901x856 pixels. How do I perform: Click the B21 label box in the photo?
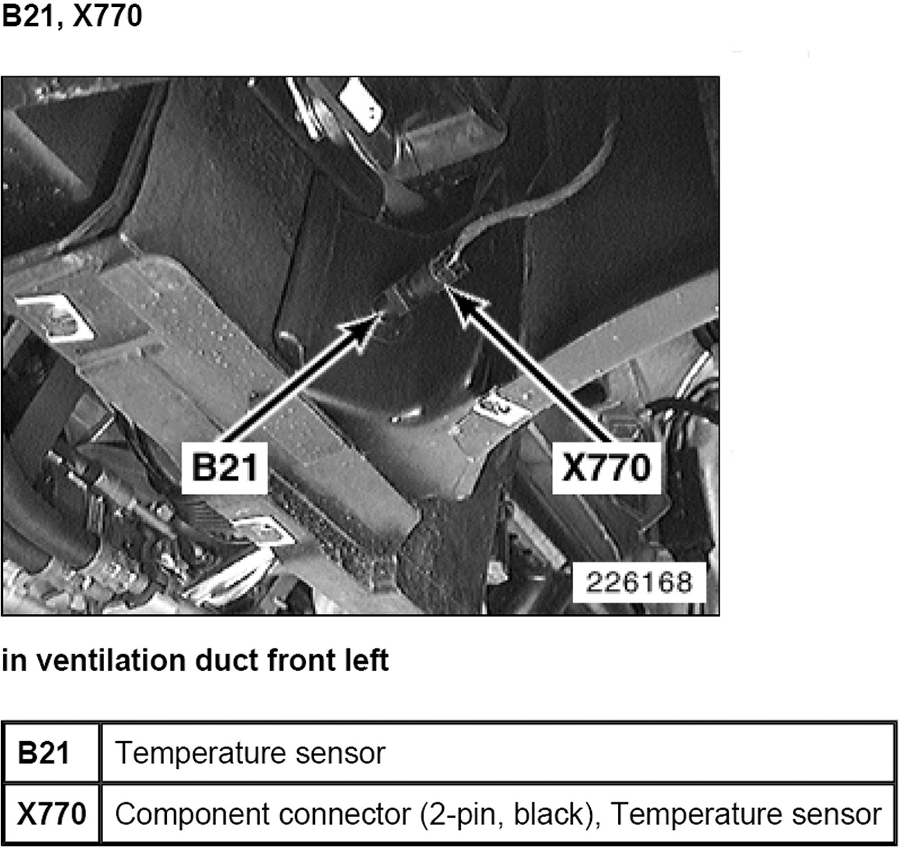coord(224,467)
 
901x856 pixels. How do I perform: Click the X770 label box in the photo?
coord(606,467)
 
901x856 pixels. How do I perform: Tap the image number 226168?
coord(639,582)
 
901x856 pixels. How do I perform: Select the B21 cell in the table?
coord(44,753)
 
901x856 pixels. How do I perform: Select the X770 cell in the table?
coord(51,814)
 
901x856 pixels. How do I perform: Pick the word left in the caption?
coord(365,660)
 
